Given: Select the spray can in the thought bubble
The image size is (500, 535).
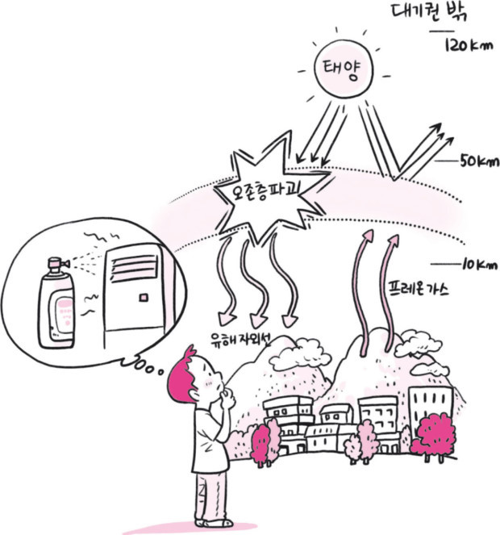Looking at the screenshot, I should tap(58, 303).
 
